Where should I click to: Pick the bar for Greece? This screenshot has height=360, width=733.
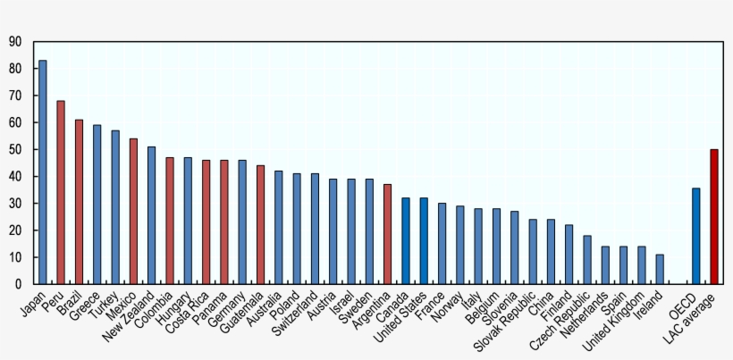click(97, 205)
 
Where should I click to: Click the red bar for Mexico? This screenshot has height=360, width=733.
click(133, 212)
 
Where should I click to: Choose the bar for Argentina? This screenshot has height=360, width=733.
click(387, 234)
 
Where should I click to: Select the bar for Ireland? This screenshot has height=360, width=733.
click(660, 269)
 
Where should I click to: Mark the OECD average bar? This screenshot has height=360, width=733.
click(695, 236)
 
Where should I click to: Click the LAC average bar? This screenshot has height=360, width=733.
click(713, 216)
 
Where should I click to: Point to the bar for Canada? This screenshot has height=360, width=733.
click(405, 241)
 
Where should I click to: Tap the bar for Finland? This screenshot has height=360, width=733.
click(569, 255)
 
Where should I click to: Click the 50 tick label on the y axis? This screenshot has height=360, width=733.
click(15, 149)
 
